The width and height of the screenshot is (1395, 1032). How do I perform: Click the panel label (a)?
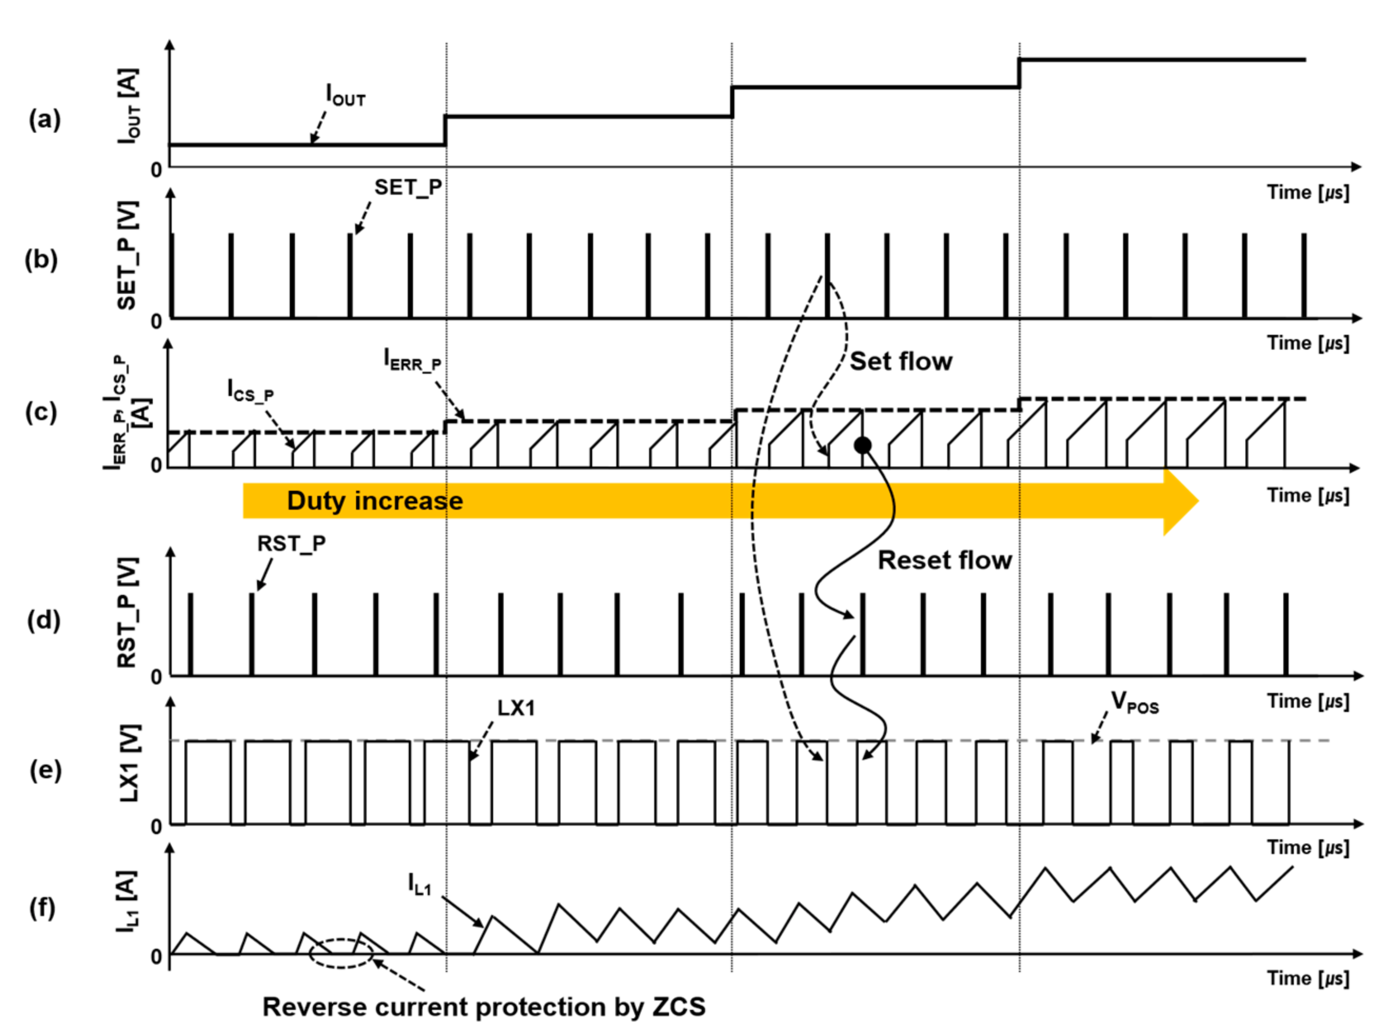pyautogui.click(x=45, y=118)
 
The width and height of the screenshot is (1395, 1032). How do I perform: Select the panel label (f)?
pyautogui.click(x=43, y=907)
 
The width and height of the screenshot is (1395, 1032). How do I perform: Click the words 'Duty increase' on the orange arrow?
pyautogui.click(x=375, y=501)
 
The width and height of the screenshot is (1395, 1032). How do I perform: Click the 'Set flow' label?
pyautogui.click(x=901, y=362)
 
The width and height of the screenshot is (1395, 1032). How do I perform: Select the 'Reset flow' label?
pyautogui.click(x=945, y=560)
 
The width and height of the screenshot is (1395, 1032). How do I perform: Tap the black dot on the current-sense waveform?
pyautogui.click(x=862, y=445)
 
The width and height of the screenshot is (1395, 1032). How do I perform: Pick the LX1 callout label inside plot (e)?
pyautogui.click(x=516, y=708)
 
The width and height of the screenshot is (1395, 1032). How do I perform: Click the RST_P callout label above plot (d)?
pyautogui.click(x=291, y=544)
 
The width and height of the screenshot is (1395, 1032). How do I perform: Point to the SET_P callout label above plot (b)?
pyautogui.click(x=408, y=187)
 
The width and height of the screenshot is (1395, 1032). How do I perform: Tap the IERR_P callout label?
pyautogui.click(x=412, y=361)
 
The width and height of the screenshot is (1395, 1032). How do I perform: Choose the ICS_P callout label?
pyautogui.click(x=250, y=392)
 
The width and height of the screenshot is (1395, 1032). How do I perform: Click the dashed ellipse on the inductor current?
pyautogui.click(x=341, y=954)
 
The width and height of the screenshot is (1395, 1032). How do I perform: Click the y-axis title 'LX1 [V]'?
pyautogui.click(x=130, y=763)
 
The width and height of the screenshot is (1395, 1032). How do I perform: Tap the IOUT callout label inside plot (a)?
pyautogui.click(x=346, y=95)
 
